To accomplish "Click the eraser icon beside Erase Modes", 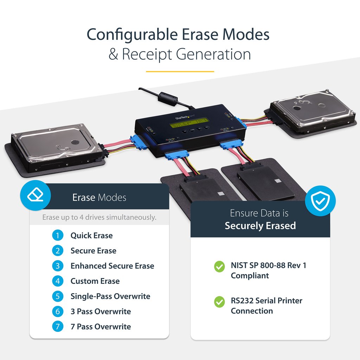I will [36, 195].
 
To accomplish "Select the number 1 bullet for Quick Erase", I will [58, 236].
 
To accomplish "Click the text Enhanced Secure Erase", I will [112, 266].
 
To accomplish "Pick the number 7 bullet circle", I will [58, 327].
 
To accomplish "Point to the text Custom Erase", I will [95, 281].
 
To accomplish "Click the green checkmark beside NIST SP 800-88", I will [219, 267].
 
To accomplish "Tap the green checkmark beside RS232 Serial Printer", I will [219, 302].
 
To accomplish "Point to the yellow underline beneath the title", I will [180, 71].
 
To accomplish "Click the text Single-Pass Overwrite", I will [110, 296].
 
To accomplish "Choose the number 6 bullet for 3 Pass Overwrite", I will [58, 311].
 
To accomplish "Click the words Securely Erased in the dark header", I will [260, 226].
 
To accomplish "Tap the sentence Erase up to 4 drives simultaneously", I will [99, 217].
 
